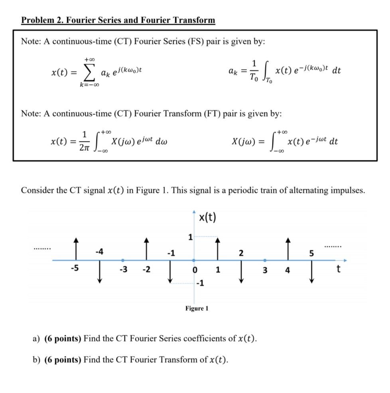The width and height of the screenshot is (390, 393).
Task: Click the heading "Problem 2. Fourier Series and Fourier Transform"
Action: click(118, 20)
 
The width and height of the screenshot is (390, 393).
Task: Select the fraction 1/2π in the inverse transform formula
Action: click(85, 141)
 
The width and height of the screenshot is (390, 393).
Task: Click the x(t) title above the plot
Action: click(207, 217)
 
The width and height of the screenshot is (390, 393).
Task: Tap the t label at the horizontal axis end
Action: click(339, 270)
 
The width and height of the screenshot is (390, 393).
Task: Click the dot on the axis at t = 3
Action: click(265, 260)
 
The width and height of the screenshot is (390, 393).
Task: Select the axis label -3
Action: click(124, 270)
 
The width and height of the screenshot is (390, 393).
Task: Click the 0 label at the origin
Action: click(195, 270)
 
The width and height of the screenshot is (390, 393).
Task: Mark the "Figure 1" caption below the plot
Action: click(197, 309)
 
